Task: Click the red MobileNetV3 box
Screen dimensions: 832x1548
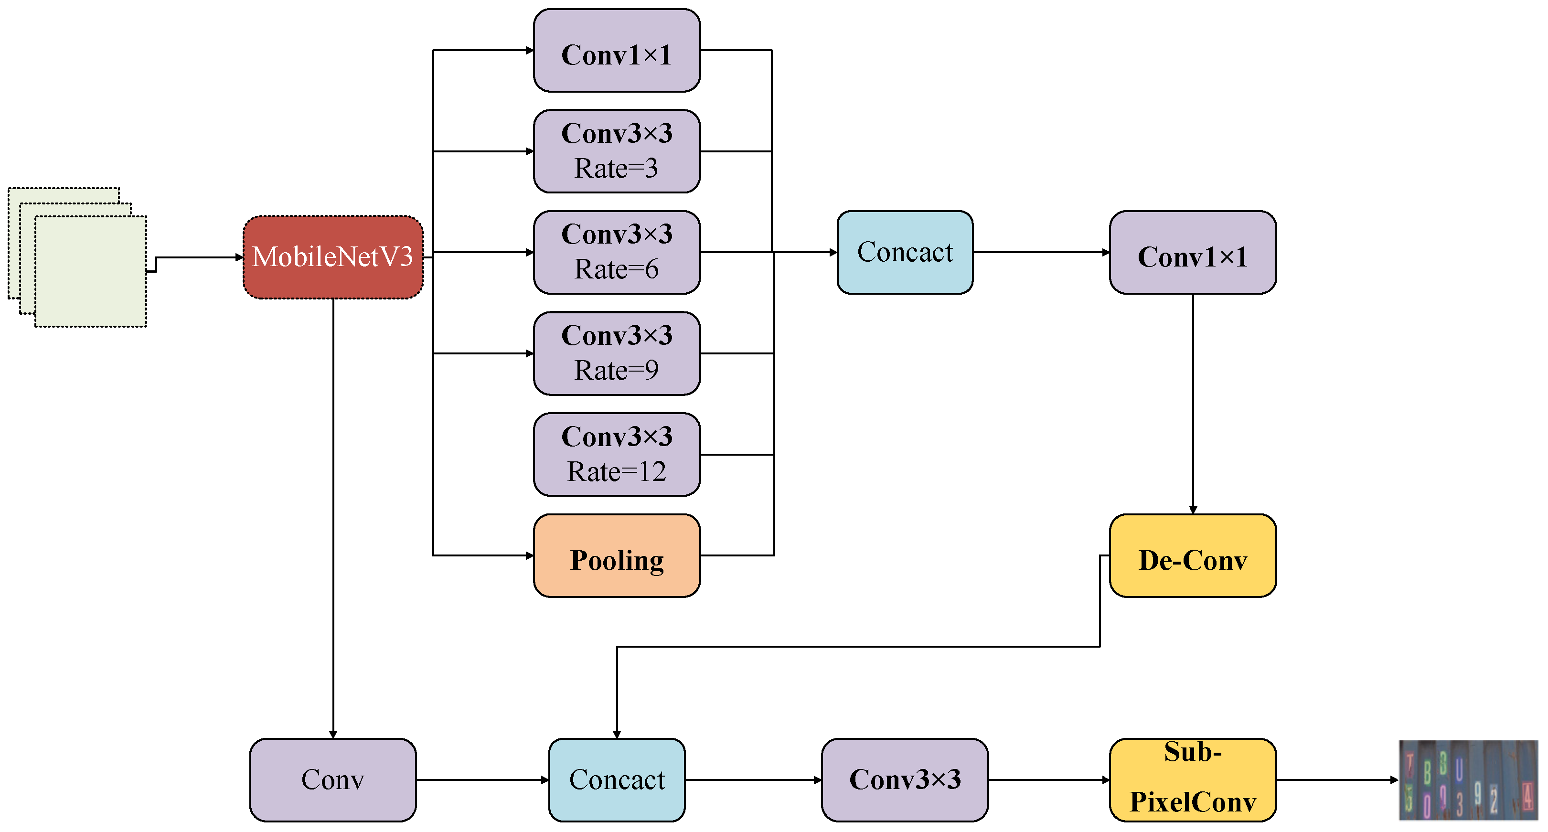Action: point(333,257)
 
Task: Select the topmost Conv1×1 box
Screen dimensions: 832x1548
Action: point(617,51)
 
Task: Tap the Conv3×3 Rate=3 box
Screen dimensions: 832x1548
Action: point(617,151)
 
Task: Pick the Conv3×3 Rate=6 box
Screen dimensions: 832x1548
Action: point(617,252)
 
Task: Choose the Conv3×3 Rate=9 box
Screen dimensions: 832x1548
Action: point(617,353)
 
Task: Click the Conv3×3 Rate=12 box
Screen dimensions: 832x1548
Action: point(617,454)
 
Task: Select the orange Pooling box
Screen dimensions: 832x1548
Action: point(617,555)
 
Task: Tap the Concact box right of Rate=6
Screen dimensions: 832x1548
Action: point(905,252)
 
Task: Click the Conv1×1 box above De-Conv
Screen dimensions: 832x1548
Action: point(1193,252)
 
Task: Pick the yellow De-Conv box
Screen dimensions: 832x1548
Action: point(1193,555)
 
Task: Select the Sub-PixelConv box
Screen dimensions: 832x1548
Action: point(1193,780)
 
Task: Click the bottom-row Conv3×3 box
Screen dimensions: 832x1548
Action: point(905,780)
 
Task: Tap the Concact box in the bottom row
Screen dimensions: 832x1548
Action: point(617,780)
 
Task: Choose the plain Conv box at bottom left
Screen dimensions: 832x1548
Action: point(333,780)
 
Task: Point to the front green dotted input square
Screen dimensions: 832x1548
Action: point(91,272)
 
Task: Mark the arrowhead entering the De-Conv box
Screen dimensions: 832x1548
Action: point(1193,510)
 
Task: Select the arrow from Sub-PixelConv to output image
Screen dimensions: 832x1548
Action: point(1337,780)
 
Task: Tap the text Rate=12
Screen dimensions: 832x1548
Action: point(617,471)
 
